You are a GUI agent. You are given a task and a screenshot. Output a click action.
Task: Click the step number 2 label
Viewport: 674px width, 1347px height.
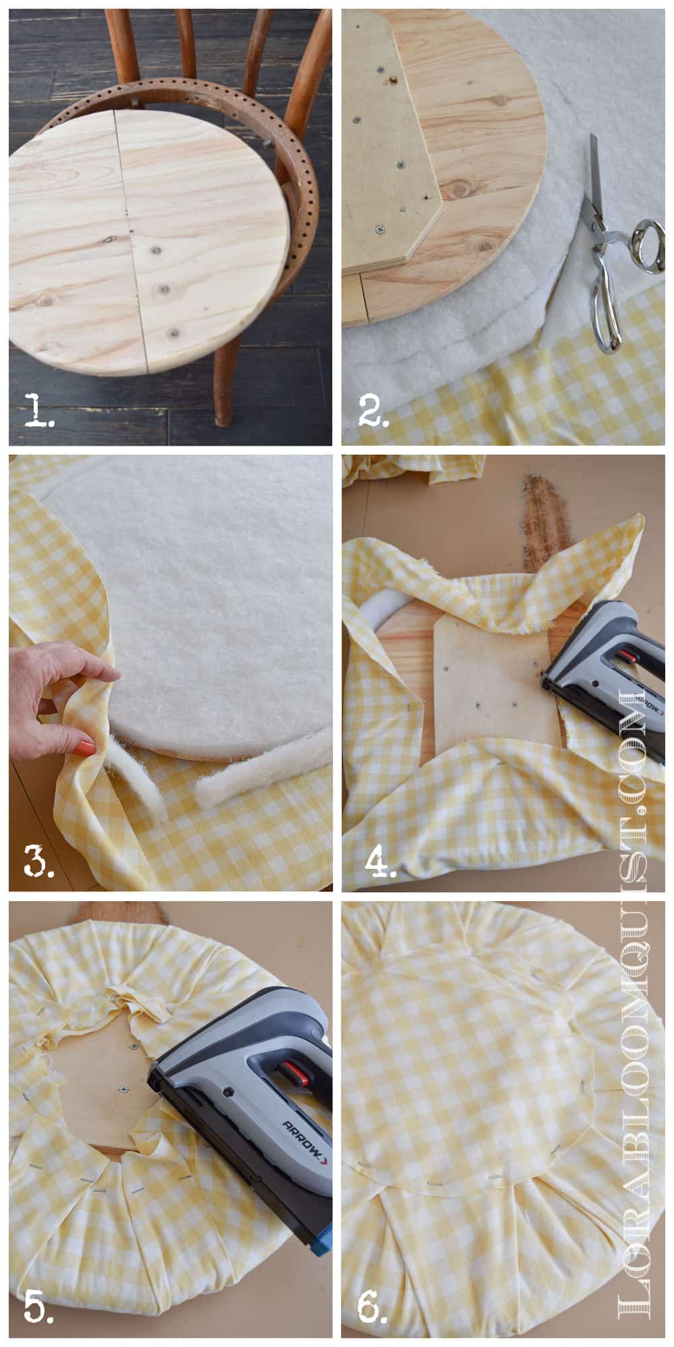point(373,410)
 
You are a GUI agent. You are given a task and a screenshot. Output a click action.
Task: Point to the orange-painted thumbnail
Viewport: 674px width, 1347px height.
point(84,746)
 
